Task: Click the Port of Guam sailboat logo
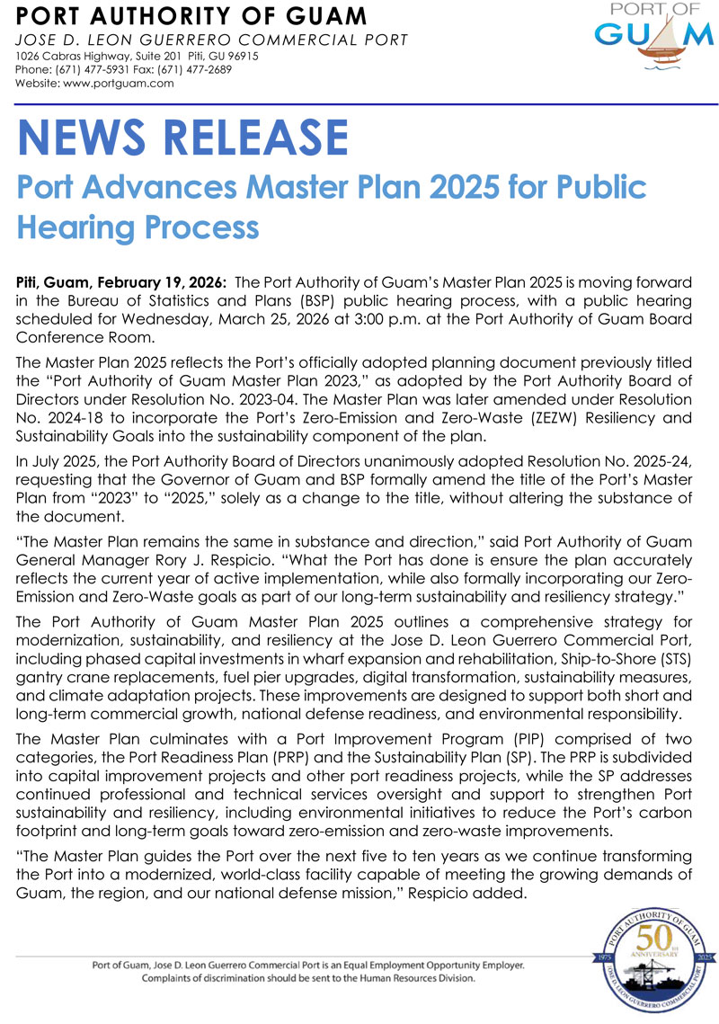click(x=652, y=40)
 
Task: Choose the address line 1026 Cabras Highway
click(x=79, y=56)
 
